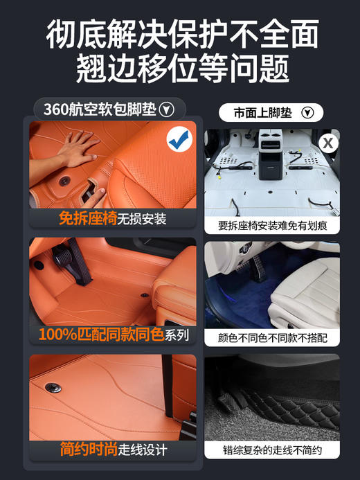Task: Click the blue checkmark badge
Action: pos(180,141)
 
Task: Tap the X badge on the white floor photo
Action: pos(328,143)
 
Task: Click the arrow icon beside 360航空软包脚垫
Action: pos(166,109)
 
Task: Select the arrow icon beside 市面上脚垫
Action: pos(308,112)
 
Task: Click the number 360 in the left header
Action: pos(55,109)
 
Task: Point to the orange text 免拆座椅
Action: pos(87,220)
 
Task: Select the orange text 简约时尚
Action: pos(87,450)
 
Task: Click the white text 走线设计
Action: pos(142,451)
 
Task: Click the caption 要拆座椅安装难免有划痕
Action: pos(272,224)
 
